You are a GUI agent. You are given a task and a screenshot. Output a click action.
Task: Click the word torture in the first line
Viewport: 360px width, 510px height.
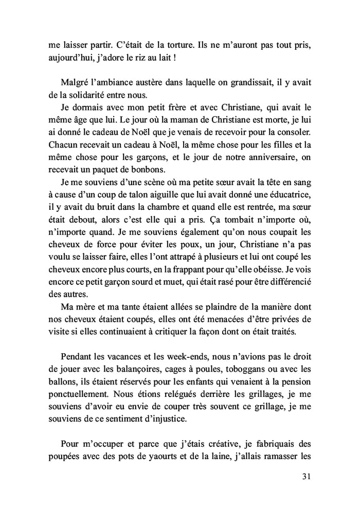pos(158,45)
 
